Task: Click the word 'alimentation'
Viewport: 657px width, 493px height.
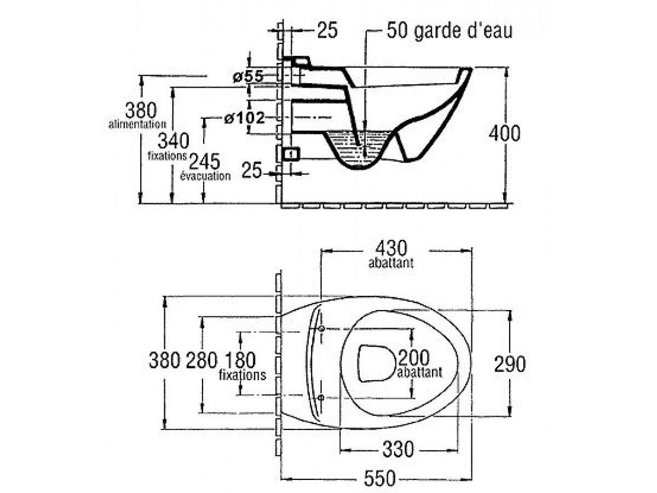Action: [x=137, y=125]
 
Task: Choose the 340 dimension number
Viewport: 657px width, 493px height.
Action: [x=173, y=141]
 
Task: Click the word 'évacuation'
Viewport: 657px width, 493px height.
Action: [x=205, y=176]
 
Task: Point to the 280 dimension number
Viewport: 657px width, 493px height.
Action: [x=202, y=360]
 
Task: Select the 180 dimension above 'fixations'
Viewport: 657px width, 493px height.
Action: [x=239, y=360]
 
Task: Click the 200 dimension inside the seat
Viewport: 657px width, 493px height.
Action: [x=414, y=359]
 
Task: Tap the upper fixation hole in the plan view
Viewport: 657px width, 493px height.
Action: [x=321, y=328]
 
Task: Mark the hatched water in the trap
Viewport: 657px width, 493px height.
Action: [x=359, y=145]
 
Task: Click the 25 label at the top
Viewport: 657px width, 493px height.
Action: [x=327, y=31]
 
